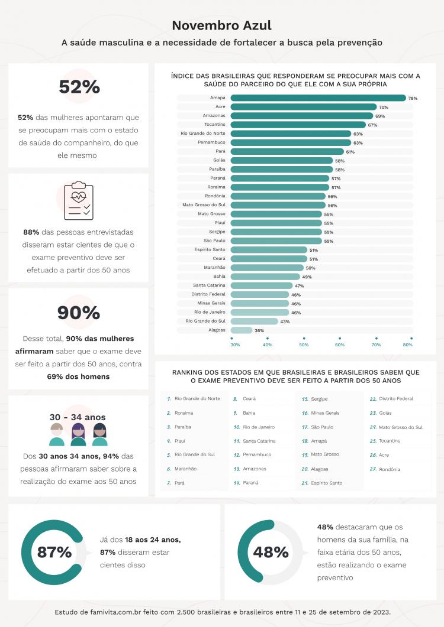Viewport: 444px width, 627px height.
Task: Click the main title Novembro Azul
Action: (x=222, y=25)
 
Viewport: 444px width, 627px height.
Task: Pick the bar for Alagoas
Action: (x=241, y=330)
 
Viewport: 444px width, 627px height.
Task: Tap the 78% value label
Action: (x=413, y=98)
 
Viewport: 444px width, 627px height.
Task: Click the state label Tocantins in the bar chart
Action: (x=214, y=125)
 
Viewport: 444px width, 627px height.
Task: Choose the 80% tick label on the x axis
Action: (x=407, y=345)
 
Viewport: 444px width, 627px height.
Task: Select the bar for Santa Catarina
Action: (x=260, y=285)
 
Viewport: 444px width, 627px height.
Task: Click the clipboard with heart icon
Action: (x=78, y=201)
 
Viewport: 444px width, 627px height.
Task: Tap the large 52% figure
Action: (x=79, y=87)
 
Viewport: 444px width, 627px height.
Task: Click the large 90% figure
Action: (x=79, y=313)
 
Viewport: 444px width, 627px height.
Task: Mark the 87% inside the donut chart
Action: (x=54, y=553)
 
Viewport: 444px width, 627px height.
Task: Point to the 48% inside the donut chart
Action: (x=271, y=553)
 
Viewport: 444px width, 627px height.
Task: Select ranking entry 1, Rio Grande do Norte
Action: (x=197, y=399)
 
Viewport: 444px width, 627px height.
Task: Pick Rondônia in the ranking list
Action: (x=389, y=469)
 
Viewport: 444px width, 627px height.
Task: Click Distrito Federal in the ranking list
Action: (x=396, y=399)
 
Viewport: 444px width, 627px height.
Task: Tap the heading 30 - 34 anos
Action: (x=78, y=417)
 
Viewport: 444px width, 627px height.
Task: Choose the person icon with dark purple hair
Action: (x=78, y=435)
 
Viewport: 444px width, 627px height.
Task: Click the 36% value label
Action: (x=259, y=330)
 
